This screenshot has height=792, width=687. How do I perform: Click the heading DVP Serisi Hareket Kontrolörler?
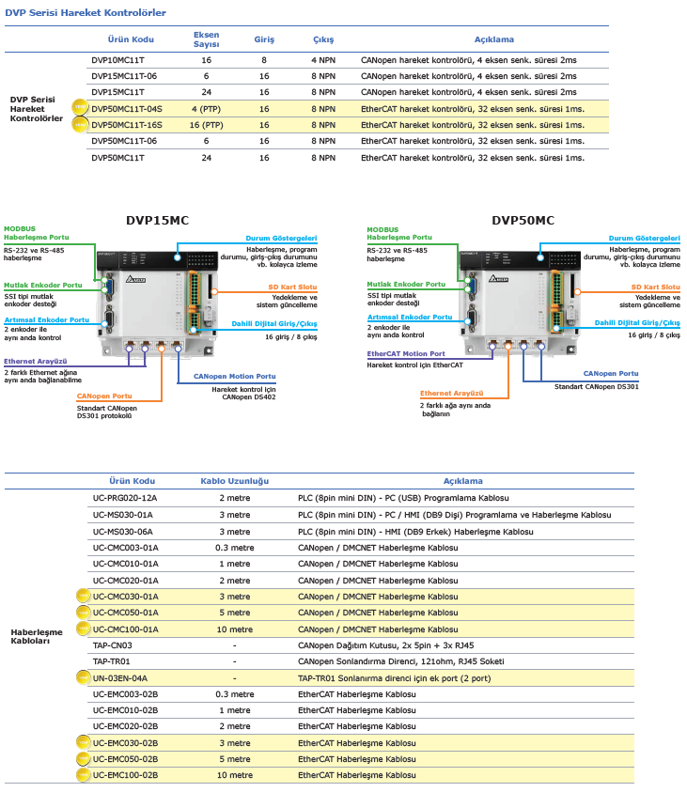86,12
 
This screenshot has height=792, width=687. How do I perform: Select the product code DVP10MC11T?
117,60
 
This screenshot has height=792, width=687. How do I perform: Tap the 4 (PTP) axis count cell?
206,109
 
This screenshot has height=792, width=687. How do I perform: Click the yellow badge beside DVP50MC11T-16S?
80,124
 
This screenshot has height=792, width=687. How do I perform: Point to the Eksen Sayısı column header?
206,39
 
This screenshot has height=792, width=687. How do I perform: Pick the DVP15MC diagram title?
157,220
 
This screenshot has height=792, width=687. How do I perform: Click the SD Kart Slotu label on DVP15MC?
292,287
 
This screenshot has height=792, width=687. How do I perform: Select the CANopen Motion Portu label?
234,377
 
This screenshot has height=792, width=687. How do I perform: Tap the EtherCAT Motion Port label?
406,353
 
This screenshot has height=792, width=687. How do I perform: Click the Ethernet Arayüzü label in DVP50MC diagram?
452,393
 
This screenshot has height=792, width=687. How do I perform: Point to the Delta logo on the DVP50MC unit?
498,278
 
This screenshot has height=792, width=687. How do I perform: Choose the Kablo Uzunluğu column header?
234,481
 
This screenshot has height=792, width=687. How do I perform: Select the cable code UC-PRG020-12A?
125,498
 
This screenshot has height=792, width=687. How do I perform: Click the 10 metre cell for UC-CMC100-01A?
235,629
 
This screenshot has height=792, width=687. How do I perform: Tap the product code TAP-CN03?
112,645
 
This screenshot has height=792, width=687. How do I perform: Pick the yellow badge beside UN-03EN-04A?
83,677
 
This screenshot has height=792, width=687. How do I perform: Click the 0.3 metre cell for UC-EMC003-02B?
235,694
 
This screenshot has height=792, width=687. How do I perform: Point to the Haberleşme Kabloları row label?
37,636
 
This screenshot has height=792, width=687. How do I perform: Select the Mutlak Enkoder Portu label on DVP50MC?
406,285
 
